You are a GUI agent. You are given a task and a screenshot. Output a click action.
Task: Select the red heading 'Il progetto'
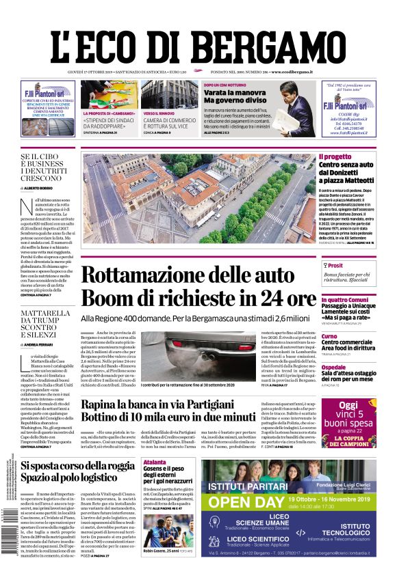click(x=335, y=156)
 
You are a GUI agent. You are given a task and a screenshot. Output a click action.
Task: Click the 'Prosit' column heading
click(x=335, y=266)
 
